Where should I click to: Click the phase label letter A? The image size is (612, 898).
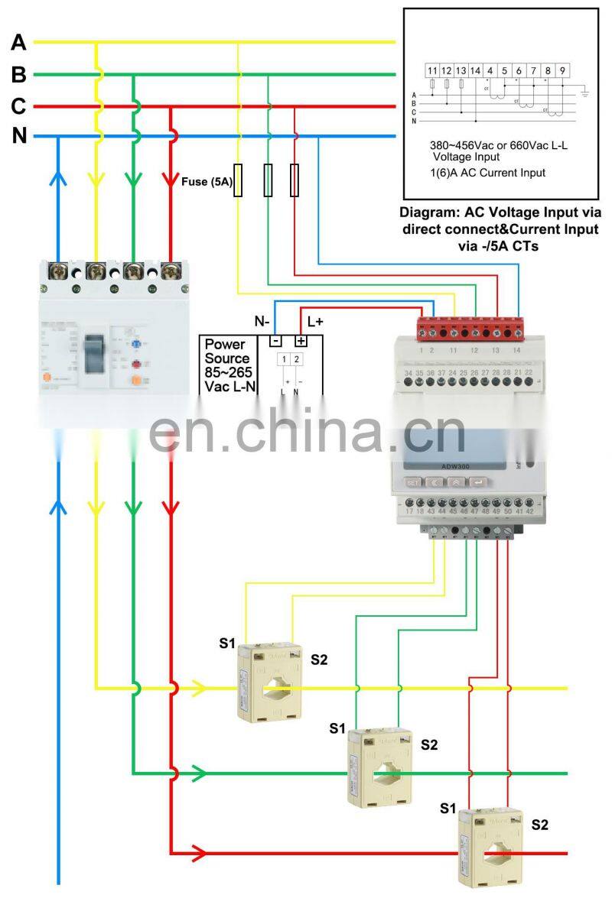(18, 43)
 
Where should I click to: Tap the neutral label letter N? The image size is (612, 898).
(19, 137)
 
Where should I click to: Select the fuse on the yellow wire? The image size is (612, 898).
(238, 180)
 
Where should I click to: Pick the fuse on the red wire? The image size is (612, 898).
(295, 180)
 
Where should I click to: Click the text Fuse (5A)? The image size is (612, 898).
(207, 182)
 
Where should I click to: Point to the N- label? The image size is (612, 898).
(265, 322)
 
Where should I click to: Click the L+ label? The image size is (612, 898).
(315, 322)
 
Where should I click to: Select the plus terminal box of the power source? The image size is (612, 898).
(301, 341)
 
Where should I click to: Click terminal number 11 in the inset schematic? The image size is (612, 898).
(433, 71)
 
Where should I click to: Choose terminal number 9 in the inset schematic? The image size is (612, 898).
(562, 71)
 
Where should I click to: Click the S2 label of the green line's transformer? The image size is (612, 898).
(429, 745)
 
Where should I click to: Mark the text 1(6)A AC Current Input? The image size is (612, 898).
(487, 173)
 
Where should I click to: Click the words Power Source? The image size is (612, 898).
(226, 352)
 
